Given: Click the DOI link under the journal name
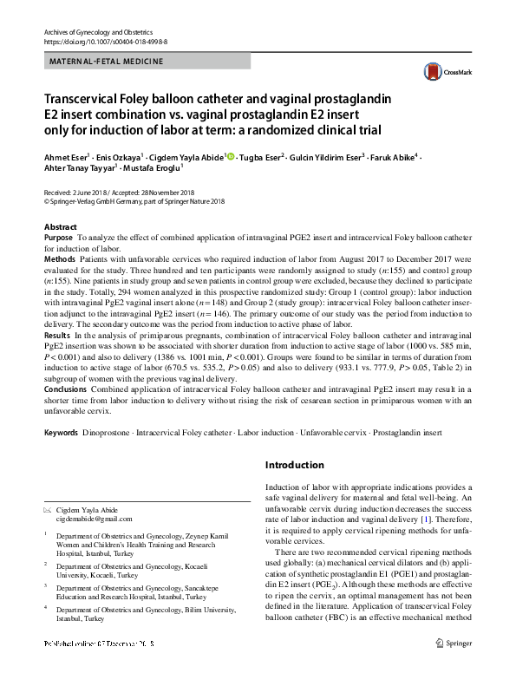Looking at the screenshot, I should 100,41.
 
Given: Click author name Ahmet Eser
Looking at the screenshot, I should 66,157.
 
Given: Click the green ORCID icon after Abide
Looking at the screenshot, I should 231,156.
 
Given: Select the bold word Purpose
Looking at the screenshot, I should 58,237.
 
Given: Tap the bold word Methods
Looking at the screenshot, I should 59,259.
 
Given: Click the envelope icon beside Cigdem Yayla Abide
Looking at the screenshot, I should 48,510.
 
